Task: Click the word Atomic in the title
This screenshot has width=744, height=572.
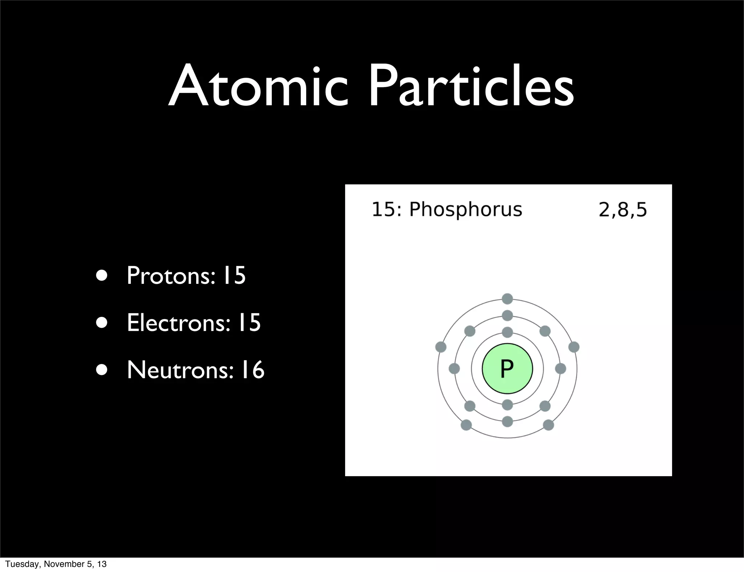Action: coord(258,87)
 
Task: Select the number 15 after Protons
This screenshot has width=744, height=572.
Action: coord(234,275)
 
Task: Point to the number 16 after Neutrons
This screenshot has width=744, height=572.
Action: coord(252,370)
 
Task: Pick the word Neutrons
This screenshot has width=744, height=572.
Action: coord(180,370)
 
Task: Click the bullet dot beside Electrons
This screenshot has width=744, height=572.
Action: coord(102,323)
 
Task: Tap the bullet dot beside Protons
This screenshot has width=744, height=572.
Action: coord(102,276)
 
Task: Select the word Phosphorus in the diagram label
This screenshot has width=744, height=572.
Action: coord(465,210)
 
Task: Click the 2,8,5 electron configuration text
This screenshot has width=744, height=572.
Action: coord(623,210)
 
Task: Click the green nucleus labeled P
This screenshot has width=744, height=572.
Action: coord(507,368)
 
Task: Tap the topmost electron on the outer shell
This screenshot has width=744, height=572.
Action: coord(507,299)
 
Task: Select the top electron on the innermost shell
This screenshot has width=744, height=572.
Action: coord(507,332)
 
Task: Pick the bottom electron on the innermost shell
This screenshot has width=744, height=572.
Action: coord(507,405)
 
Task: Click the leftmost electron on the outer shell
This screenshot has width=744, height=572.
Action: coord(441,347)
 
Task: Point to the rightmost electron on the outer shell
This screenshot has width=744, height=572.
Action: coord(574,347)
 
